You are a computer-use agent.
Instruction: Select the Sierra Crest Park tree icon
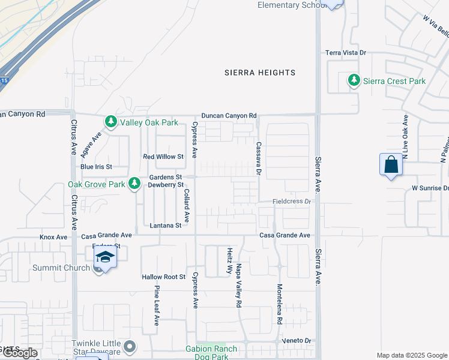(x=354, y=80)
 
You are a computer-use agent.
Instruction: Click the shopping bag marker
(x=391, y=164)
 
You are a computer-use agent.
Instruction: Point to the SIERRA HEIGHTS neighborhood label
(x=260, y=73)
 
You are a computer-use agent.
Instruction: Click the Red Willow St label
(x=163, y=157)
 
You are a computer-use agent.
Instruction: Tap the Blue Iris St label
(x=96, y=167)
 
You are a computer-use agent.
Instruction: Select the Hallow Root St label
(x=163, y=277)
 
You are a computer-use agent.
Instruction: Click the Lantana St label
(x=165, y=226)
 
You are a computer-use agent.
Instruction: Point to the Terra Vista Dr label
(x=346, y=53)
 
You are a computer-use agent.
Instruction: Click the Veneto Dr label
(x=297, y=340)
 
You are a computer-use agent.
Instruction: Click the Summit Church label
(x=61, y=268)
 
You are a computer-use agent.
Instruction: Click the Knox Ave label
(x=53, y=237)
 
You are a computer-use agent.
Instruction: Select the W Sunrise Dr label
(x=430, y=188)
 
